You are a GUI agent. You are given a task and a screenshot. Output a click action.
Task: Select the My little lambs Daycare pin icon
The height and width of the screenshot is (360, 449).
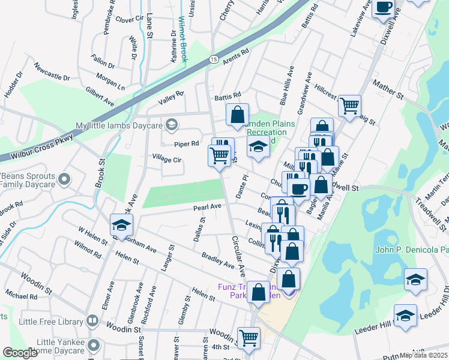click(x=172, y=125)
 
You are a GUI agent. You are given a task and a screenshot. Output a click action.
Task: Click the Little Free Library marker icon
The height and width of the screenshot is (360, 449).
click(x=91, y=321)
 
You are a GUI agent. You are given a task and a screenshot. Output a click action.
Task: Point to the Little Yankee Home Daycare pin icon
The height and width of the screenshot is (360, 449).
click(x=93, y=345)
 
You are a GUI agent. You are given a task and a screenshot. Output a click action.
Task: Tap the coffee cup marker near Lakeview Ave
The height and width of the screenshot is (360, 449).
click(x=383, y=7)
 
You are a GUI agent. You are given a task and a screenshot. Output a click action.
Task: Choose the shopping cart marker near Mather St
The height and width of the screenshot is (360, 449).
click(x=349, y=106)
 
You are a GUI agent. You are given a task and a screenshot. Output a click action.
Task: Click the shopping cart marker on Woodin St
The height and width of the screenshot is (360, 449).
click(x=248, y=337)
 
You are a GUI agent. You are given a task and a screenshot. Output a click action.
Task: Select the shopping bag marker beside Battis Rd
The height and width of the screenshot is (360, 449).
click(x=237, y=113)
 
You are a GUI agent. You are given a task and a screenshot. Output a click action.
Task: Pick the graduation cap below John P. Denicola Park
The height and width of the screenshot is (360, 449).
click(x=415, y=280)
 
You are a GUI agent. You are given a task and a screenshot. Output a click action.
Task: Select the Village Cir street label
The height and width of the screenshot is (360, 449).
click(x=167, y=160)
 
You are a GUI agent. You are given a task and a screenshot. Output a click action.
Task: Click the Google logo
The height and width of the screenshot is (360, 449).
click(x=20, y=353)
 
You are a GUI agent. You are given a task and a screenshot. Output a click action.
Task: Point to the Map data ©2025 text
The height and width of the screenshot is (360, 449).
click(x=423, y=355)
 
